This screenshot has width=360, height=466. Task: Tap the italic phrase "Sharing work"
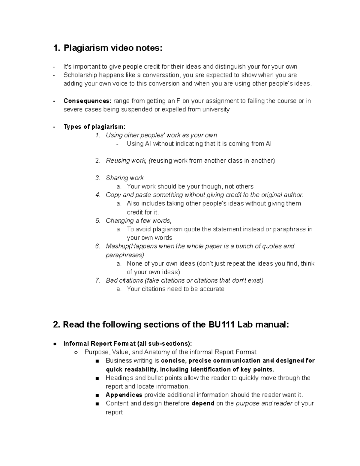[x=124, y=178]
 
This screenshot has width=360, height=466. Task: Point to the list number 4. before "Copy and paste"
[x=97, y=195]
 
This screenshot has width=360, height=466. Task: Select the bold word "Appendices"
[x=124, y=395]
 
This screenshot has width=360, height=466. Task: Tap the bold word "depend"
[x=202, y=404]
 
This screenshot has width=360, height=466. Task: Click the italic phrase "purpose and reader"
[x=264, y=404]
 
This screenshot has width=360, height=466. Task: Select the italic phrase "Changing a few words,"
[x=139, y=221]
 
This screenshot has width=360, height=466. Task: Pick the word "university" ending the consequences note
[x=216, y=110]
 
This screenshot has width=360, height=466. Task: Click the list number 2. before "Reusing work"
[x=97, y=161]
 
